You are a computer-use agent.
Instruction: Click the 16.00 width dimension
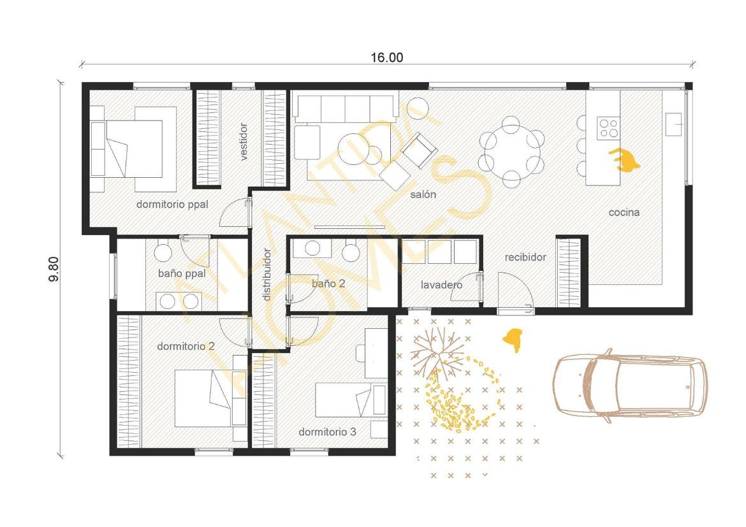(387, 57)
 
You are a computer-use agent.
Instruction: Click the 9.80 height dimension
(54, 269)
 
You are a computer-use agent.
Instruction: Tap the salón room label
(423, 194)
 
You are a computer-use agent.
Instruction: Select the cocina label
(624, 213)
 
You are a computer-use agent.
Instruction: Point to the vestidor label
(244, 141)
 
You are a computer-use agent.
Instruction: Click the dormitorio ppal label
(172, 205)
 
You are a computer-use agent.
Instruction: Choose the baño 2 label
(328, 284)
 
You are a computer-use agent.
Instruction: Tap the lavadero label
(441, 285)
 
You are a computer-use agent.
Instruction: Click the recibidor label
(525, 257)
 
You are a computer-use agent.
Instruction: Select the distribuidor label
(267, 275)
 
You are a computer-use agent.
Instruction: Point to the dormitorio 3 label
(327, 432)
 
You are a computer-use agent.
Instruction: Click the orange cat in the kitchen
(624, 159)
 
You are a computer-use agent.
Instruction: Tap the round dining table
(511, 151)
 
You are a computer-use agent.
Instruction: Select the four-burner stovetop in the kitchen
(608, 127)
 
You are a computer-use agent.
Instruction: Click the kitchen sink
(674, 125)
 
